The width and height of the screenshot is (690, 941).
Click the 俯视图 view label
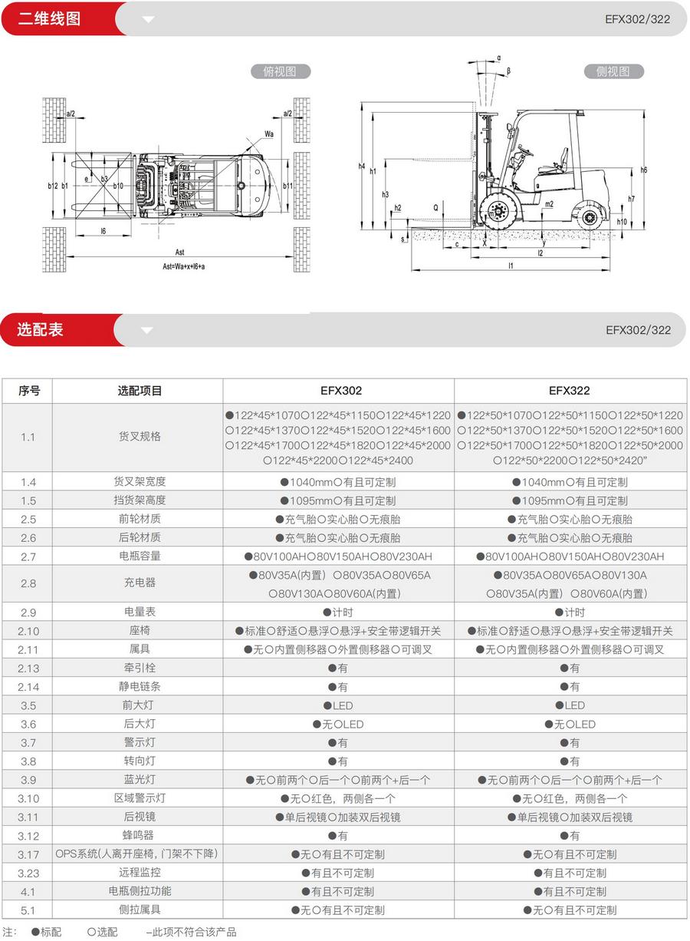[280, 71]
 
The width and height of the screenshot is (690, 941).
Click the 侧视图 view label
[613, 71]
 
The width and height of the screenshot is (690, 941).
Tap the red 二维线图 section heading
[50, 18]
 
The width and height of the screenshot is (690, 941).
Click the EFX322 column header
[570, 391]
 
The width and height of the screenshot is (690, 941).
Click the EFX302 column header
[338, 391]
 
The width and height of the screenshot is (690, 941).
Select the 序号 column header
[29, 391]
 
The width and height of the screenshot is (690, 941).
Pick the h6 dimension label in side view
[644, 170]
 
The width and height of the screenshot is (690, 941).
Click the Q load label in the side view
[436, 207]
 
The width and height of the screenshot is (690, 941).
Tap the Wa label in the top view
[269, 134]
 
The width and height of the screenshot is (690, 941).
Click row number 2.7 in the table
[28, 556]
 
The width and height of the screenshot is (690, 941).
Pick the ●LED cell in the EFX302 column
[338, 705]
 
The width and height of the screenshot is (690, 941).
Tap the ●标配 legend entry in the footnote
[47, 932]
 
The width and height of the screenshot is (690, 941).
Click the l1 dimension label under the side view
[511, 266]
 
